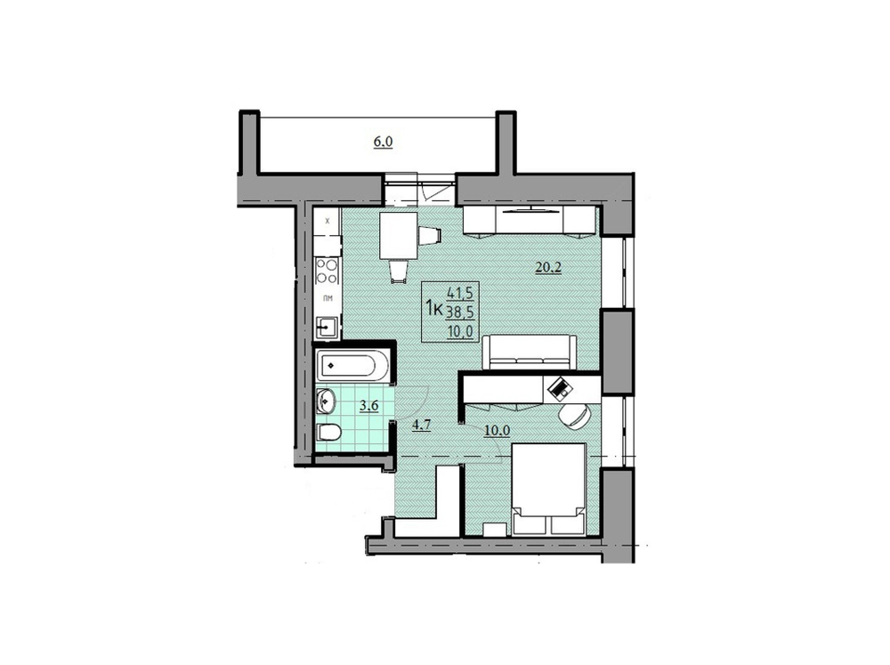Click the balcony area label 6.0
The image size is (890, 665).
pos(383,141)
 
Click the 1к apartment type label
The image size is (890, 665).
pos(435,308)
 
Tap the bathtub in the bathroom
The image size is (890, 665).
pos(352,364)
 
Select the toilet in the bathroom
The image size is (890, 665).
pos(328,434)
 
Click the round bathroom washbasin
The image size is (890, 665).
pos(326,401)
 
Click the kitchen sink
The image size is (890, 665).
pos(327,327)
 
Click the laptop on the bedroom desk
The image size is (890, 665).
pos(561,386)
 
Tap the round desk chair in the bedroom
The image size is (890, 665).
pos(575,415)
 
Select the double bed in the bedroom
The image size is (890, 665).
pos(547,488)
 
